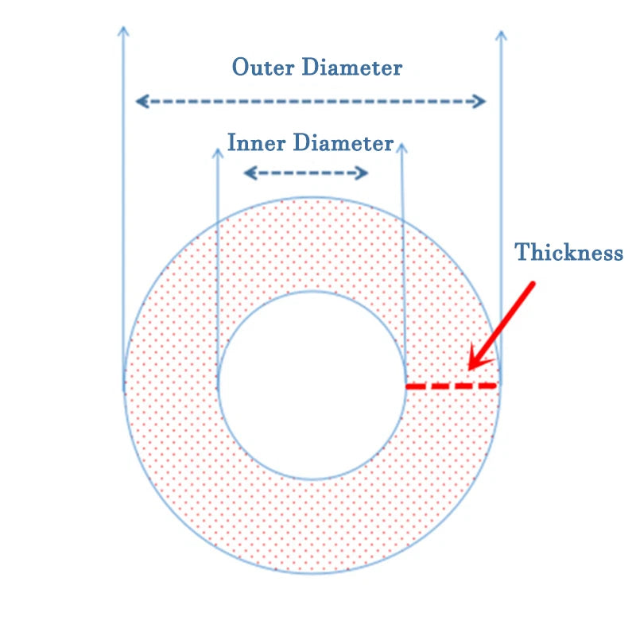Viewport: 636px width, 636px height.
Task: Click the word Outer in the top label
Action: pos(263,67)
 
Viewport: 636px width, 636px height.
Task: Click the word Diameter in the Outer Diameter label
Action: pos(352,67)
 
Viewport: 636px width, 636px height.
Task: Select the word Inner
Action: pos(256,142)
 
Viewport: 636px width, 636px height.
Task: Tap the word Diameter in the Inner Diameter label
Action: pos(343,142)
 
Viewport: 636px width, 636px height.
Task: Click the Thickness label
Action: pos(568,252)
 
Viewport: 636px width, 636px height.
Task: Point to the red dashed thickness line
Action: pos(452,386)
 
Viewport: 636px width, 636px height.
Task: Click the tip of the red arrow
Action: pos(468,370)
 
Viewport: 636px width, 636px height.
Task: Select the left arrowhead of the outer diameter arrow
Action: pos(142,101)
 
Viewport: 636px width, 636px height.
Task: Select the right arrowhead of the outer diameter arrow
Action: pos(479,101)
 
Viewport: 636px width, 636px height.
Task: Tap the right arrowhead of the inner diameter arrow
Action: pos(362,173)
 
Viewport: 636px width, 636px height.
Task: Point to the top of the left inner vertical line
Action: pos(218,149)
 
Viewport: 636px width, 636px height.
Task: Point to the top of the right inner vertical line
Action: pos(401,144)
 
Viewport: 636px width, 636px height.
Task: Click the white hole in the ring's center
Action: pos(312,386)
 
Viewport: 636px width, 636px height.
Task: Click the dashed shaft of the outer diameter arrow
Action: pos(311,101)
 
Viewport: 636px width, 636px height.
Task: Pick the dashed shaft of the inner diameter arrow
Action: pos(306,173)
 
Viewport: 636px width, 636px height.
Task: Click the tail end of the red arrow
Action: pos(533,284)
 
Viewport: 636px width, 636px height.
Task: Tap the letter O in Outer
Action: pos(240,67)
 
